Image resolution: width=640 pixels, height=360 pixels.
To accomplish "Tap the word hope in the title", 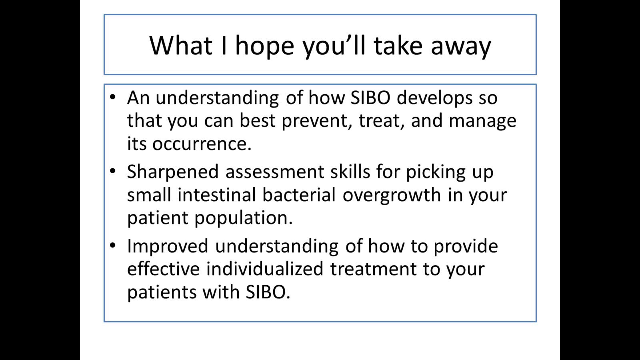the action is (265, 47).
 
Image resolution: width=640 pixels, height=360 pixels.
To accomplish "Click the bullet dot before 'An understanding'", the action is (113, 97).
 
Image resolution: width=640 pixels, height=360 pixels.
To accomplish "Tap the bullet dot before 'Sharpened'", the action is (113, 171).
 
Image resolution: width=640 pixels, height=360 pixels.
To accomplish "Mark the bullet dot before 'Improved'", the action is (113, 245).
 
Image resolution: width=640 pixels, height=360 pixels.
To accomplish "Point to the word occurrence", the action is (202, 144).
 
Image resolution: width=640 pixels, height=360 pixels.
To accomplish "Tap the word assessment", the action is (275, 172).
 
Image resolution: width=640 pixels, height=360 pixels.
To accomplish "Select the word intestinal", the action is (217, 195).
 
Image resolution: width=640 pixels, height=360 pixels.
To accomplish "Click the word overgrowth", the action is (391, 196).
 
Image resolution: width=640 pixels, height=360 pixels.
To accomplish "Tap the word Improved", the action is (167, 246).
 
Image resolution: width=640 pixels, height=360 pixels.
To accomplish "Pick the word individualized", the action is (265, 269).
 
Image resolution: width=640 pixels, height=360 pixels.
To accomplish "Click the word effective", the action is (163, 269).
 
